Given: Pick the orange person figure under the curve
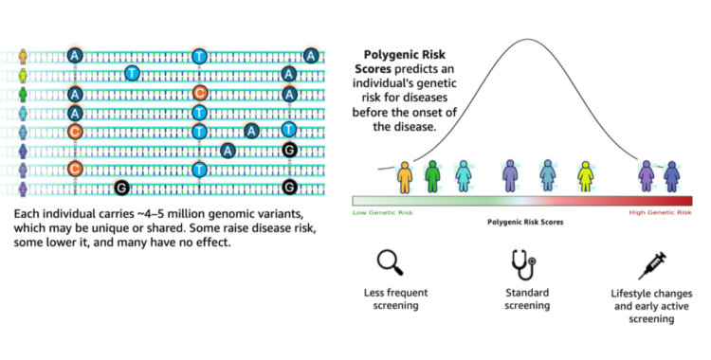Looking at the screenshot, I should coord(406,176).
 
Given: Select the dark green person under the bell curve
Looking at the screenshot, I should coord(432,176).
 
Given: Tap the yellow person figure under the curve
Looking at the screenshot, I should coord(585,176).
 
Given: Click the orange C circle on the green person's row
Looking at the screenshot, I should coord(200,93).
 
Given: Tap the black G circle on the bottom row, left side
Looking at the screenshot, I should coord(121,188).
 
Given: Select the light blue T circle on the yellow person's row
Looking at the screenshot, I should coord(133,73).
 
